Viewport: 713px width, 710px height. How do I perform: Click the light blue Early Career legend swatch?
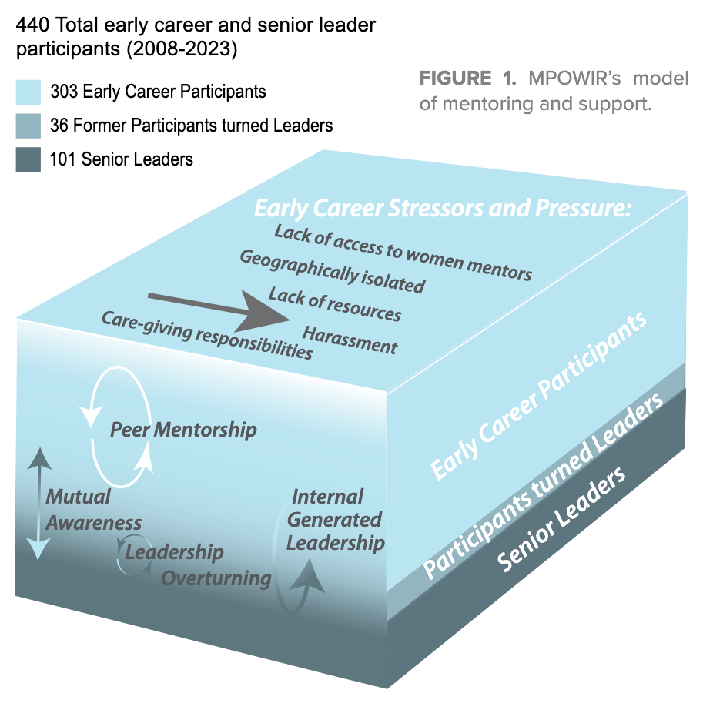(28, 92)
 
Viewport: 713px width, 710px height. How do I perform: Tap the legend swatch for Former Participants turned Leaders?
(28, 126)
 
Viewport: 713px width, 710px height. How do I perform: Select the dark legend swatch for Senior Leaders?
(28, 159)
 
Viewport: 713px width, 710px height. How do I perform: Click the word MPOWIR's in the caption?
(567, 79)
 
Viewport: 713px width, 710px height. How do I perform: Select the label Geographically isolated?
(332, 271)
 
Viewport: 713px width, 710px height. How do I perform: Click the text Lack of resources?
(334, 303)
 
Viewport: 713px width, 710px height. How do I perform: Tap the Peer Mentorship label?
(183, 429)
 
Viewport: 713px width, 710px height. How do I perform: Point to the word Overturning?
(216, 578)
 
